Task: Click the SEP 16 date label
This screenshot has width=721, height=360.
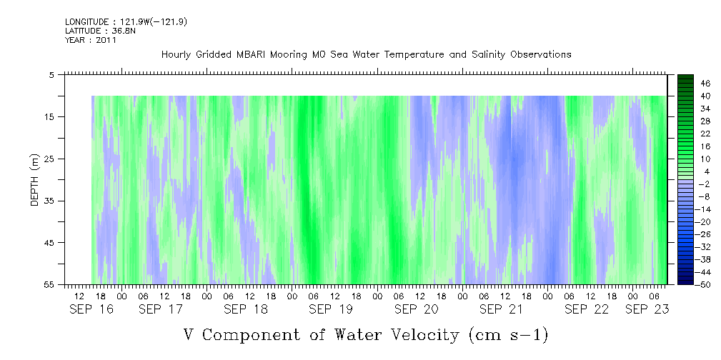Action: (x=91, y=309)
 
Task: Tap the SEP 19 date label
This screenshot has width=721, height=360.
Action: (x=331, y=309)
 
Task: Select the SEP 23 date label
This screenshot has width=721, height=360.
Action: (x=647, y=309)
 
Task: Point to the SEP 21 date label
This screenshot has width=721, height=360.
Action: (x=501, y=309)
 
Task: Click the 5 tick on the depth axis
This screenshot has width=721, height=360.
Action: (x=51, y=74)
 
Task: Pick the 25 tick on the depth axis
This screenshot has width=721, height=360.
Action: (x=49, y=159)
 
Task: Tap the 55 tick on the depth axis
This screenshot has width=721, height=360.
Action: (x=49, y=284)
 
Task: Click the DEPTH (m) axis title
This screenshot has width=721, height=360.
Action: (x=35, y=180)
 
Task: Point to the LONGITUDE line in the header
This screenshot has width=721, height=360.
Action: (x=126, y=22)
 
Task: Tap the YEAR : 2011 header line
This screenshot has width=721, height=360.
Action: (x=91, y=40)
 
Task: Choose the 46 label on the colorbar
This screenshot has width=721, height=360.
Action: (x=705, y=84)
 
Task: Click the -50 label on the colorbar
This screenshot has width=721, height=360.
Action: (x=704, y=284)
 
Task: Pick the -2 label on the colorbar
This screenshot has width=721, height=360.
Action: (x=705, y=184)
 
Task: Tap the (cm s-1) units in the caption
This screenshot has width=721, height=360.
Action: (x=509, y=335)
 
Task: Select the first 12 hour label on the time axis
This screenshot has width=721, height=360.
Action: (x=79, y=295)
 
